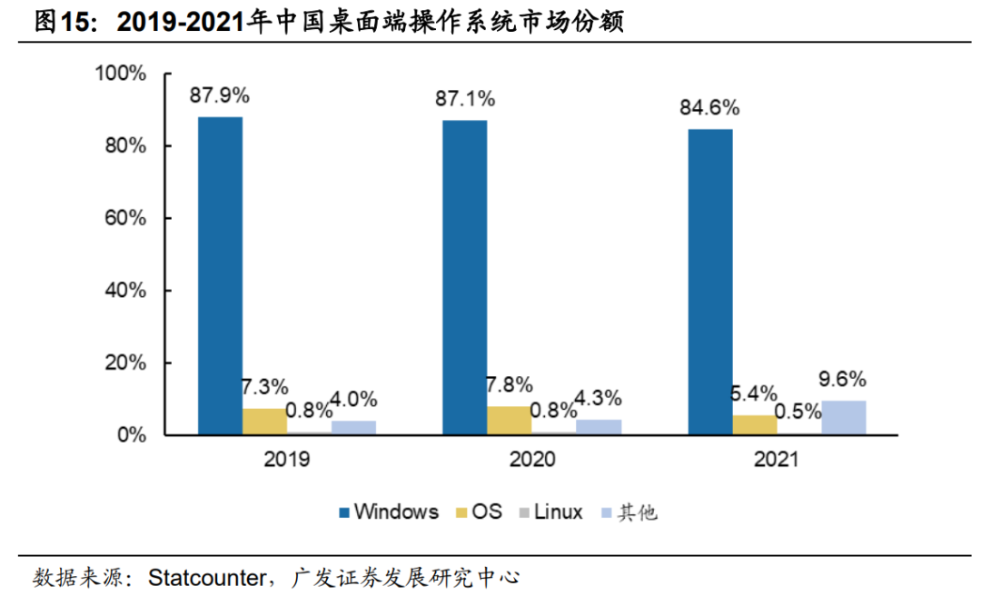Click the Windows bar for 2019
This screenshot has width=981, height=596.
220,275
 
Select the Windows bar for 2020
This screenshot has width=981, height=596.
464,277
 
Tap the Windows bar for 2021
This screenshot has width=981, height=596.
709,282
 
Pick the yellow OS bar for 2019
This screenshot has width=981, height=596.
264,422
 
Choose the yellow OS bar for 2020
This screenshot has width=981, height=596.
509,421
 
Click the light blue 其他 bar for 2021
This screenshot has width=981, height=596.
843,418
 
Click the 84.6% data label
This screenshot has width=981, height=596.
709,108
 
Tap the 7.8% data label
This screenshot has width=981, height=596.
509,385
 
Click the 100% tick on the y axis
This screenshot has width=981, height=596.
121,74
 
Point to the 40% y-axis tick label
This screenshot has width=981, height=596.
124,291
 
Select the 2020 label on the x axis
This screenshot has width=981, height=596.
531,460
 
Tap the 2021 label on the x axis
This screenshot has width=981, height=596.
776,460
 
